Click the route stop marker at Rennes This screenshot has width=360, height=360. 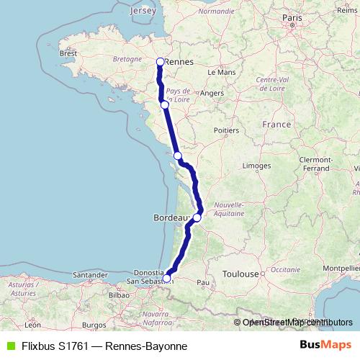tap(161, 62)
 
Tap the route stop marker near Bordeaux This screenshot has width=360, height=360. tap(197, 217)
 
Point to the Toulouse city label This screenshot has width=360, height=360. tap(240, 274)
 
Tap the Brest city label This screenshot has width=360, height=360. tap(68, 53)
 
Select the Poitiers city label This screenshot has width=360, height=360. tap(226, 130)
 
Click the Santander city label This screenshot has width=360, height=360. tap(90, 275)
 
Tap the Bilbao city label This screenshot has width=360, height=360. tap(118, 294)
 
